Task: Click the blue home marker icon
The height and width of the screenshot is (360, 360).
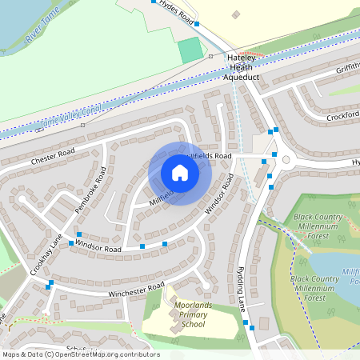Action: coord(180,173)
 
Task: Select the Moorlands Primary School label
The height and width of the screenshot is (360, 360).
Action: coord(189,315)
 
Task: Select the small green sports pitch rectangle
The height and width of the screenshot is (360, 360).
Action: coord(190,50)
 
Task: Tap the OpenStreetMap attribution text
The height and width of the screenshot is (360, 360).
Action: coord(80,354)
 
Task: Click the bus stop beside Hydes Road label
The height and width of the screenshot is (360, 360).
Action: coord(154,2)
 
